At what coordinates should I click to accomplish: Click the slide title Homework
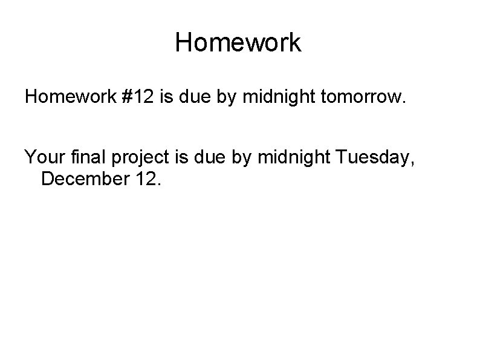pyautogui.click(x=238, y=43)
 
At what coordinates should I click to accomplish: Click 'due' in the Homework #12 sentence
pyautogui.click(x=199, y=98)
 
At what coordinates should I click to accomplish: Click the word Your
pyautogui.click(x=43, y=159)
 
